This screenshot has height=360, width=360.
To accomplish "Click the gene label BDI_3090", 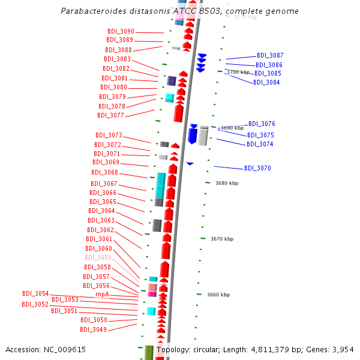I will coord(121,31).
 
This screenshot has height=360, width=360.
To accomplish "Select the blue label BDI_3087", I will coord(270,55).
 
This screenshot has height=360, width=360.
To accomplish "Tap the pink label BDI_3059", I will coord(98,257).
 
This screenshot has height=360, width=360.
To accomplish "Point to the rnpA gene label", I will coord(102,294).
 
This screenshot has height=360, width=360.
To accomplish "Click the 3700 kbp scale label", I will coord(238,72).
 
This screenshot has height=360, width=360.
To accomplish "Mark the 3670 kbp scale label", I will coord(222,239).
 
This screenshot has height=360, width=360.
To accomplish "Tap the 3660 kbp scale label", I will coord(218,295).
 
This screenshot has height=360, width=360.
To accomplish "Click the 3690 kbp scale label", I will coord(232,128).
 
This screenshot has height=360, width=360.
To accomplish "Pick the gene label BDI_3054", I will coord(35,293).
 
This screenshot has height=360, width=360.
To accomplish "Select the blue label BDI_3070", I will coord(257,168).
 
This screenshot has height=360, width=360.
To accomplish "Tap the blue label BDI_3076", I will coord(262,124).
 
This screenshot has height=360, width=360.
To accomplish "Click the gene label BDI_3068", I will coord(104,172).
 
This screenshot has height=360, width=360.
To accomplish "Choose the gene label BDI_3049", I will coord(93,329).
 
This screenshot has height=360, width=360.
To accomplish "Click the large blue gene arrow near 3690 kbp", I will coord(193,134).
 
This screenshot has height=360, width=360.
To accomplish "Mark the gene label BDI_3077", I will coord(110,115).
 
